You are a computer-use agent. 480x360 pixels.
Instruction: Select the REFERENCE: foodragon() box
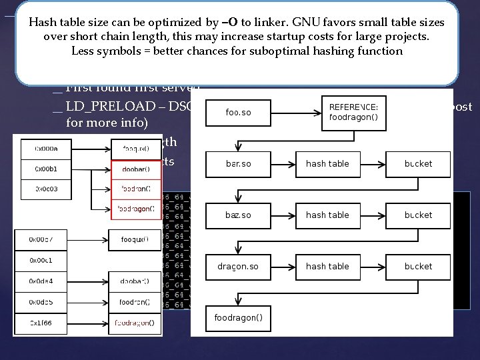[352, 113]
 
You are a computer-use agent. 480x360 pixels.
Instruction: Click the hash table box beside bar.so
[327, 163]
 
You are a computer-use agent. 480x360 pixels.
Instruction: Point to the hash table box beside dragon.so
[327, 266]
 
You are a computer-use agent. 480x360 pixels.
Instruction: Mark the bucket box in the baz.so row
[417, 215]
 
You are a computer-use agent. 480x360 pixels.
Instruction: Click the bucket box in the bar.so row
[417, 163]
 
